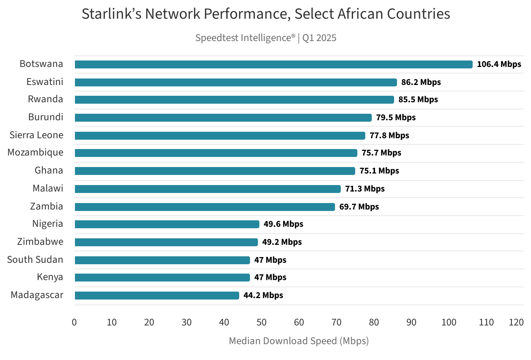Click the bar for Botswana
[x=273, y=64]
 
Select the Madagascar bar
[x=157, y=296]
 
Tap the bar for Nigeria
[x=167, y=224]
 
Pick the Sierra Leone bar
[x=220, y=136]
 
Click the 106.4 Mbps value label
[x=499, y=64]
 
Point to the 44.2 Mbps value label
[x=263, y=296]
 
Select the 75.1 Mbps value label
[x=379, y=171]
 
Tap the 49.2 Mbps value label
[x=282, y=242]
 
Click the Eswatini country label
[x=45, y=82]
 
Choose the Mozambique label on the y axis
[x=35, y=153]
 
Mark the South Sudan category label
[x=35, y=260]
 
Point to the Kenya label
[x=50, y=277]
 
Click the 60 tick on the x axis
[x=299, y=322]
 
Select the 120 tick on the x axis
[x=516, y=322]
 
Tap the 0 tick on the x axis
[x=74, y=322]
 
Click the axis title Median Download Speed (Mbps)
[x=299, y=341]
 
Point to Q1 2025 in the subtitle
[x=319, y=38]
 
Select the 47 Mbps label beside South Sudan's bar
[x=270, y=260]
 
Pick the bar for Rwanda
[x=234, y=100]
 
